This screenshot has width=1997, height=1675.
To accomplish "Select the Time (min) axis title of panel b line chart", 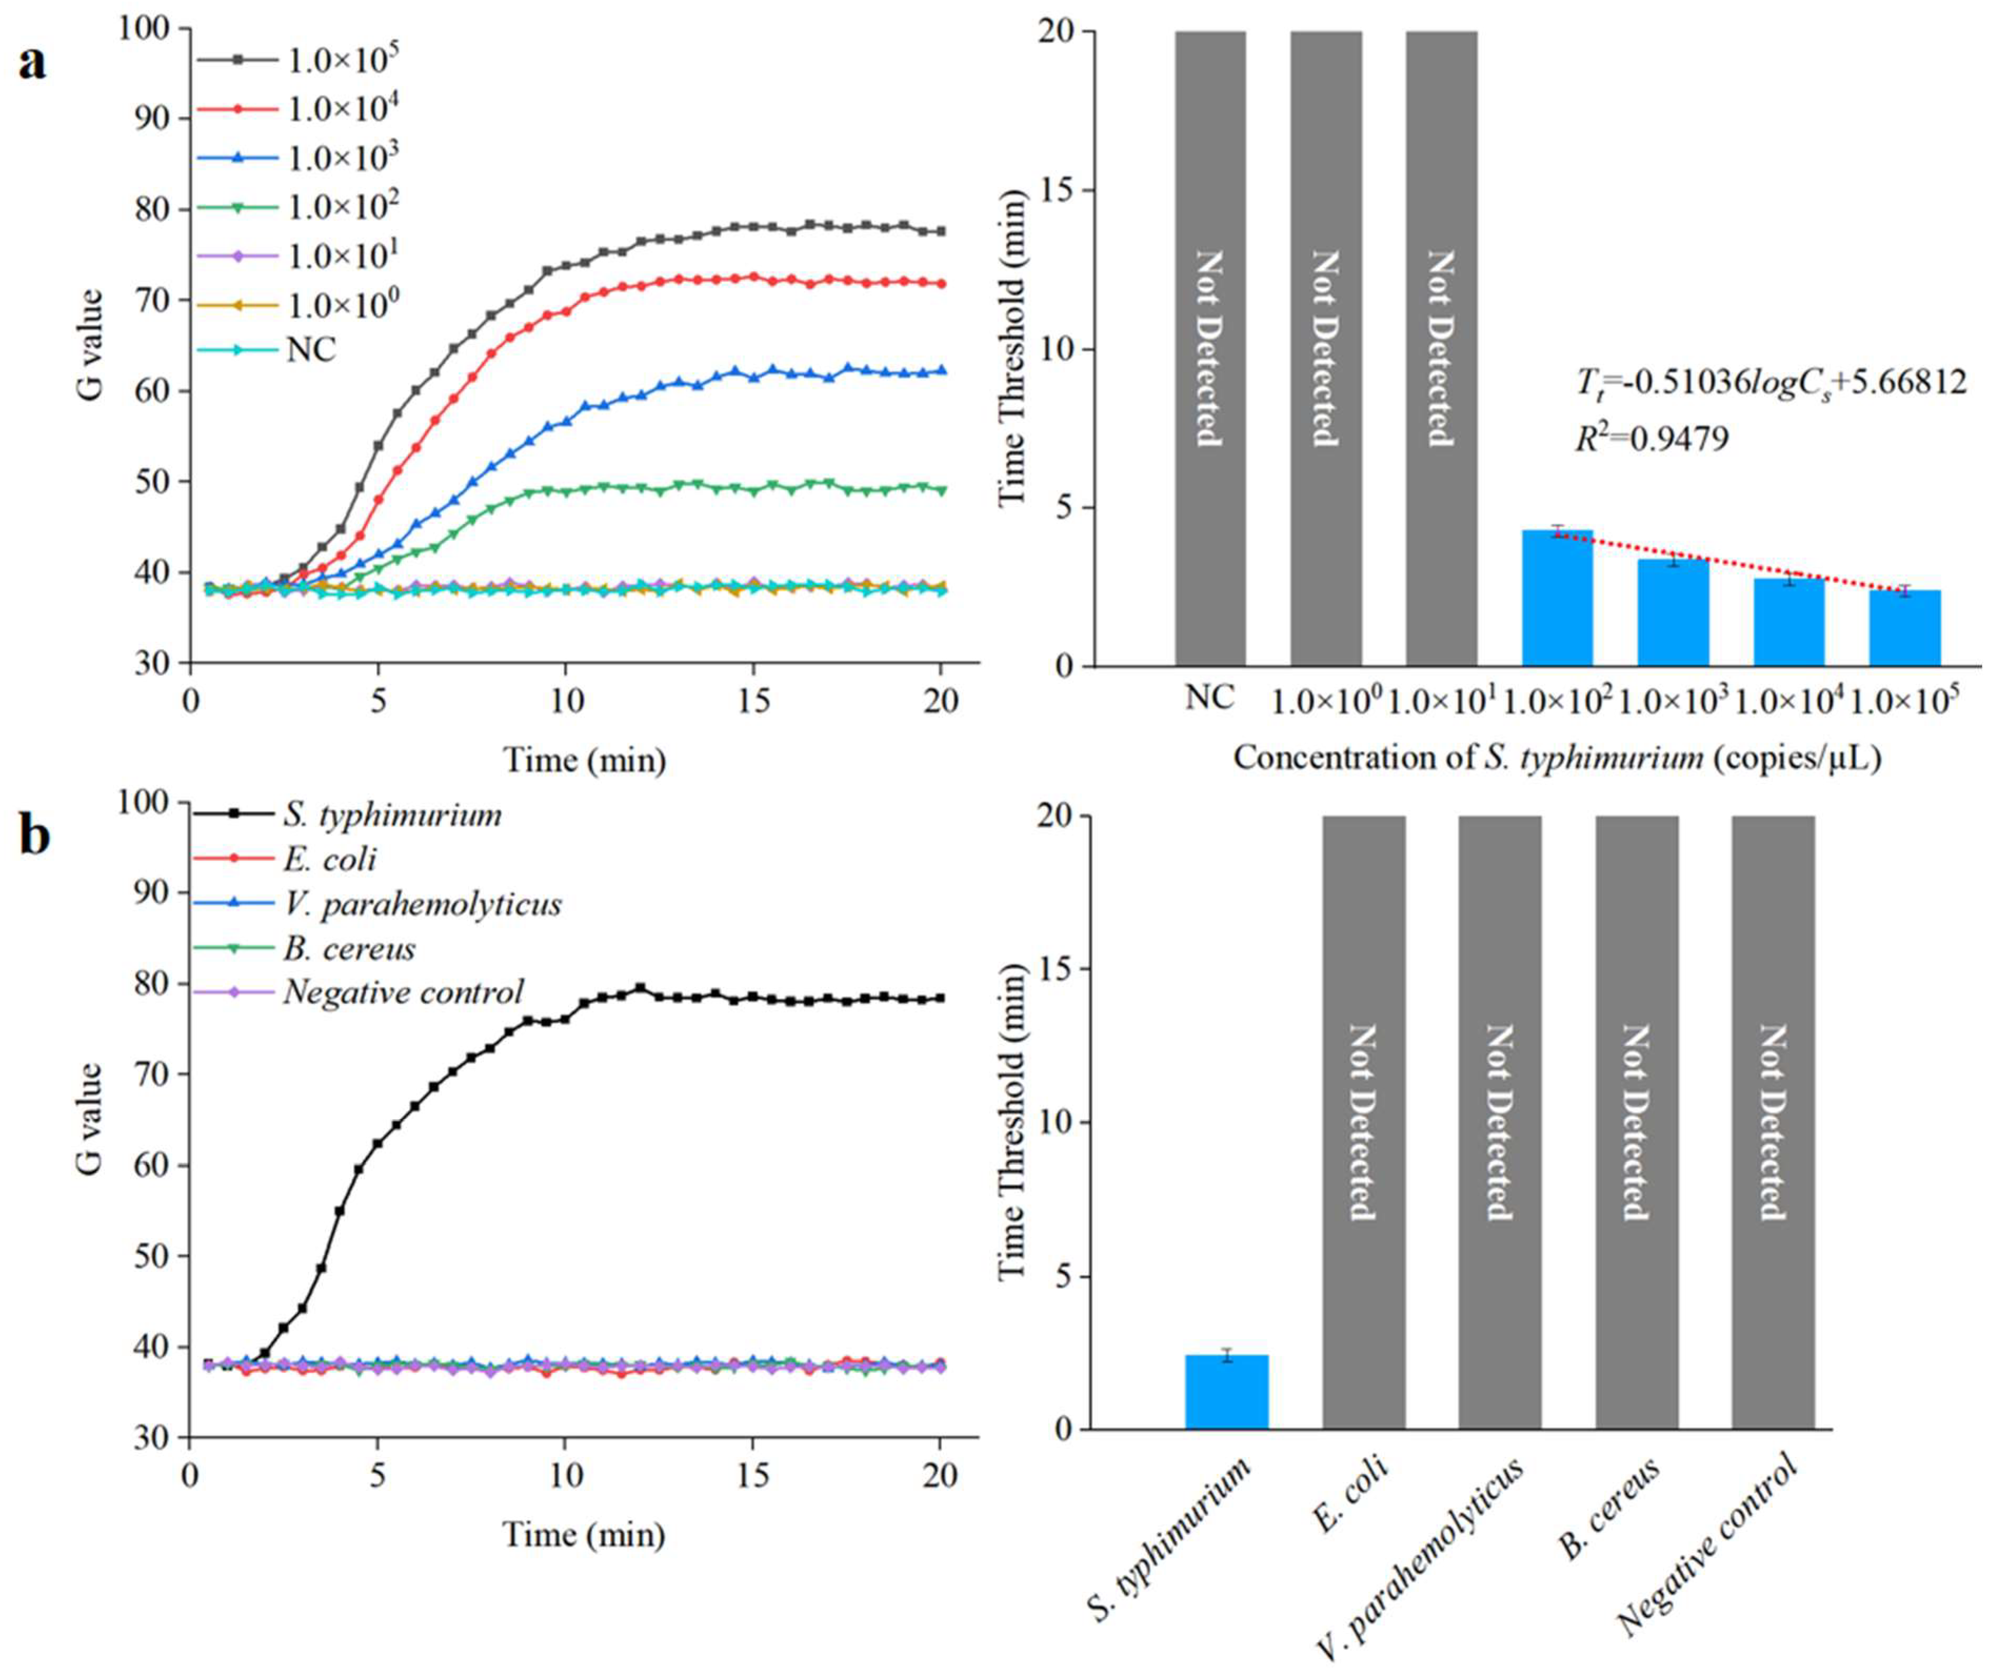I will tap(584, 1534).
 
